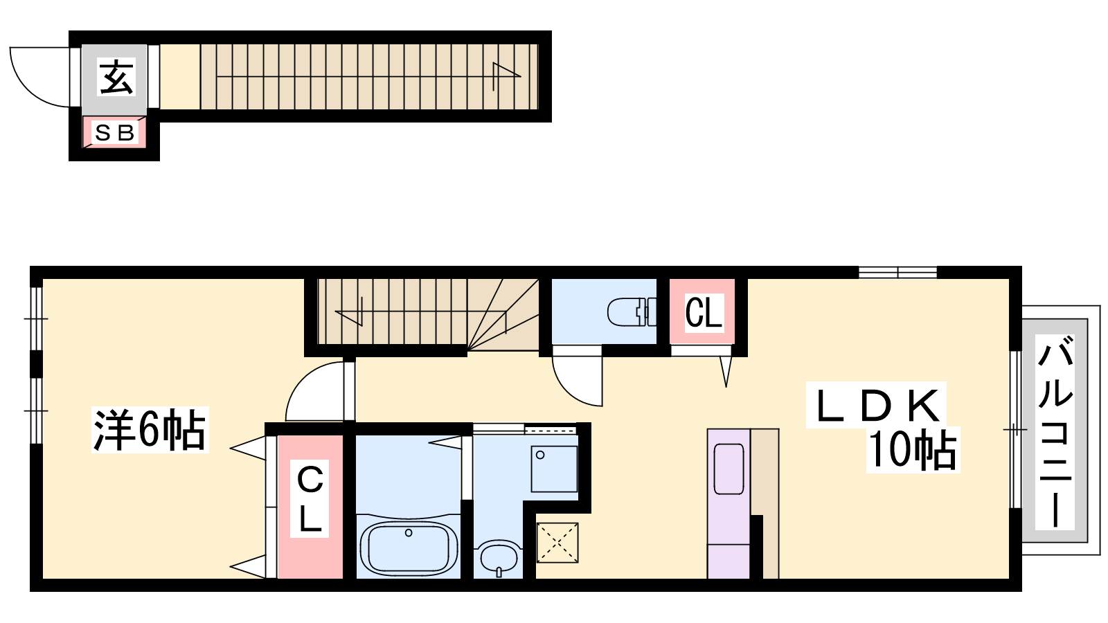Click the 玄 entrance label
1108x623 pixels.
coord(116,77)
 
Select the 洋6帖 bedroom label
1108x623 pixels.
coord(150,430)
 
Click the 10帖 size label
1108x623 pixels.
coord(913,449)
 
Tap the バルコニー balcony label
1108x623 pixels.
coord(1055,431)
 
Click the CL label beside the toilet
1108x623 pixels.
coord(703,312)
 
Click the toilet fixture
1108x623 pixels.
coord(632,312)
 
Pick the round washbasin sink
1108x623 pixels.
coord(499,557)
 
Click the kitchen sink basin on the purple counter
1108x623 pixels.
coord(729,469)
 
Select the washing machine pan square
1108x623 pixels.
coord(555,469)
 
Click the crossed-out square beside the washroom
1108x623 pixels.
coord(557,543)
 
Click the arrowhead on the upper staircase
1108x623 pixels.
coord(506,77)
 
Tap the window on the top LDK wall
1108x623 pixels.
coord(897,273)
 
